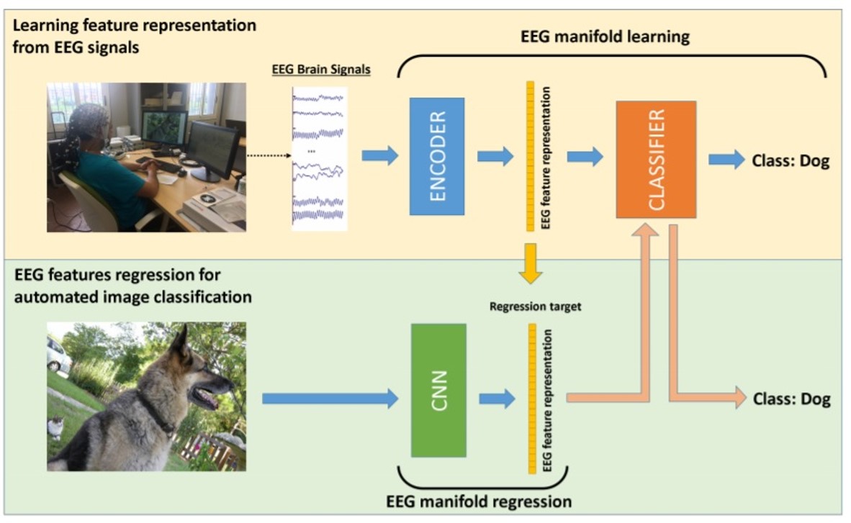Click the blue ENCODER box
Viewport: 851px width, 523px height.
pos(437,156)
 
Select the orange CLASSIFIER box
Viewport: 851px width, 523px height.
pos(656,159)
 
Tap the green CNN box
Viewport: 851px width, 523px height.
pos(438,390)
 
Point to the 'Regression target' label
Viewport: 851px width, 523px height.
pos(535,306)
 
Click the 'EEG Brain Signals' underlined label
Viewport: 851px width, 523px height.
pos(321,71)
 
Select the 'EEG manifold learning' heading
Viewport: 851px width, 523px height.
pos(605,37)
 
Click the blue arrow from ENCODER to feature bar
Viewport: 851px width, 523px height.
pos(495,156)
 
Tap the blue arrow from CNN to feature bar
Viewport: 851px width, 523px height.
pos(497,398)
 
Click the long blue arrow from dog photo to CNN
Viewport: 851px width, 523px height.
pos(330,398)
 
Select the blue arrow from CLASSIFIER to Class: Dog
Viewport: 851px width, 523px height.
pos(726,160)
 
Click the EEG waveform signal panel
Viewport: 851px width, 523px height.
pos(320,158)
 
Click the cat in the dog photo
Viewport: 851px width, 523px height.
pos(55,428)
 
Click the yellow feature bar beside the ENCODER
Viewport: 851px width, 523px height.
pos(531,156)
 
